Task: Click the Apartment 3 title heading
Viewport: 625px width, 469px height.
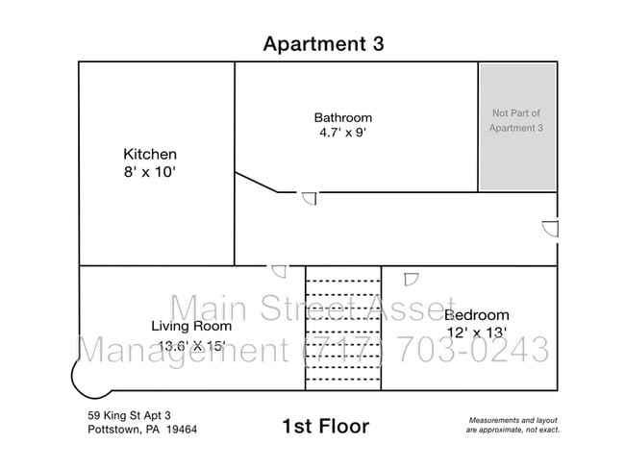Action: pyautogui.click(x=323, y=44)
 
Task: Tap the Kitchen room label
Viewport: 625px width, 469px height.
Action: pyautogui.click(x=150, y=154)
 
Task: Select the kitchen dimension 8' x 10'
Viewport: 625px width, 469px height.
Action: pyautogui.click(x=150, y=172)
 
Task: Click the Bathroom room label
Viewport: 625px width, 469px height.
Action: pyautogui.click(x=343, y=117)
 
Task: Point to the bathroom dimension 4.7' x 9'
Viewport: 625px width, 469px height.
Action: pyautogui.click(x=343, y=133)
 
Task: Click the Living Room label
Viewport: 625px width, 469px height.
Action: pyautogui.click(x=191, y=326)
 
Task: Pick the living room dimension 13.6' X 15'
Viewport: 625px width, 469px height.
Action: pyautogui.click(x=192, y=345)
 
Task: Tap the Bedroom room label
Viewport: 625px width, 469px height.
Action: pyautogui.click(x=477, y=315)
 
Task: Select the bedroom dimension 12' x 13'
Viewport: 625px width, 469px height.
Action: pyautogui.click(x=477, y=333)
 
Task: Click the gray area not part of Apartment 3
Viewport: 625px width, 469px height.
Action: pyautogui.click(x=517, y=127)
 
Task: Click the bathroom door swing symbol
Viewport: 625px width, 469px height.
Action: pyautogui.click(x=310, y=198)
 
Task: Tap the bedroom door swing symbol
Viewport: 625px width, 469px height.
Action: pyautogui.click(x=411, y=279)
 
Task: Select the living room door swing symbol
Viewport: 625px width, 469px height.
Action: pyautogui.click(x=279, y=271)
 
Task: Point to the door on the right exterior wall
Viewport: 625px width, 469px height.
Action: pyautogui.click(x=551, y=229)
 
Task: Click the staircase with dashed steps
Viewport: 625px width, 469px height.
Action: pyautogui.click(x=343, y=328)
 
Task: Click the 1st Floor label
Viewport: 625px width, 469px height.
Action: pyautogui.click(x=326, y=427)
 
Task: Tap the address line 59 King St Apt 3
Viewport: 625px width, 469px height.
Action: pyautogui.click(x=129, y=415)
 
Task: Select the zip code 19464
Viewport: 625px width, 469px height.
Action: pyautogui.click(x=182, y=430)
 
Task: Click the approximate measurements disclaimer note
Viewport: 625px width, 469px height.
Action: pyautogui.click(x=513, y=425)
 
